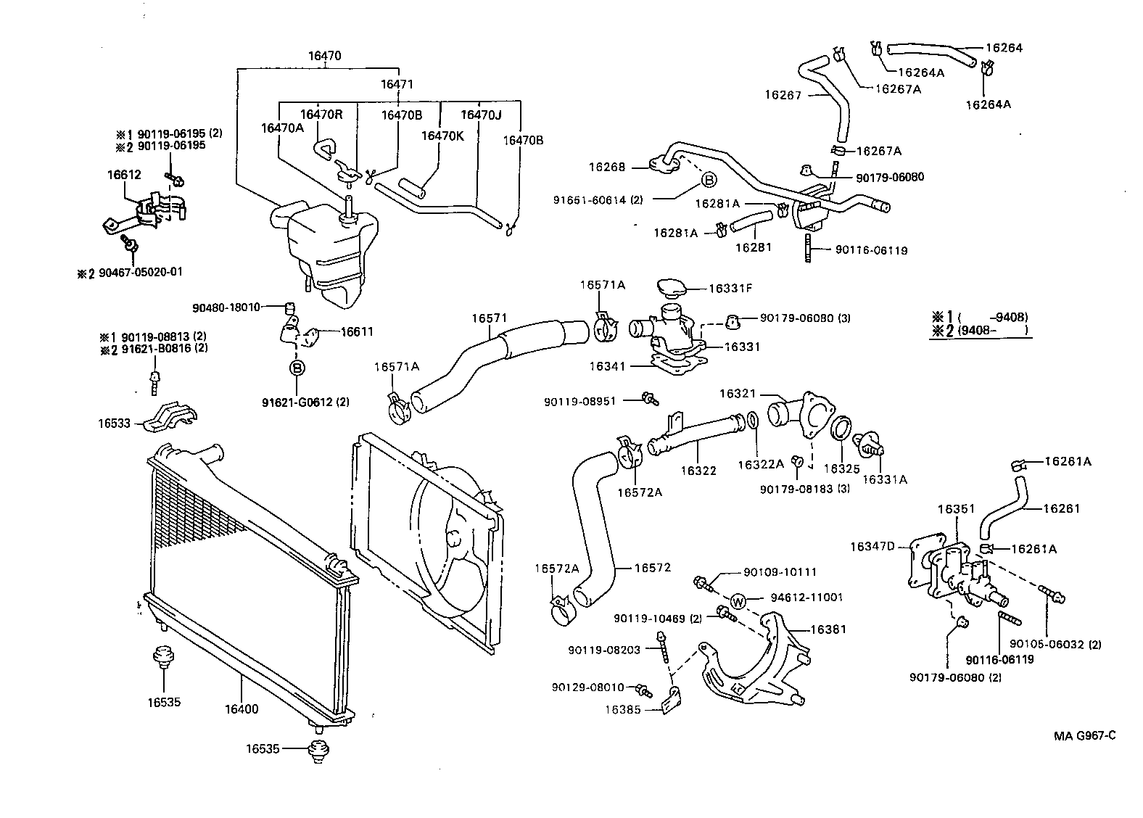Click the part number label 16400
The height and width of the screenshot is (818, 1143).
point(241,709)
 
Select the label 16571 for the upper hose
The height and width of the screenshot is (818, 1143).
point(489,318)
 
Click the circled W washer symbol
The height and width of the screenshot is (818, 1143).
point(738,600)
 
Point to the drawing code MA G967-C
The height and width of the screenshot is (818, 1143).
point(1085,735)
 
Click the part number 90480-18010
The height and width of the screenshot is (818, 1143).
point(226,307)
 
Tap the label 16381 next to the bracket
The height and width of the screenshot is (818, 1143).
point(828,629)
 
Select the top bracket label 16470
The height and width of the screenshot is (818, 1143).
point(324,56)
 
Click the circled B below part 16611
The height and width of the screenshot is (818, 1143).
point(297,368)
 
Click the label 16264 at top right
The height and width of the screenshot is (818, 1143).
point(1004,48)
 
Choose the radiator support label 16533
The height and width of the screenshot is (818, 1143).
point(115,423)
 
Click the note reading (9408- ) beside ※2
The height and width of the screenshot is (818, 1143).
point(993,331)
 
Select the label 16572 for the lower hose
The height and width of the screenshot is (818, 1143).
point(652,568)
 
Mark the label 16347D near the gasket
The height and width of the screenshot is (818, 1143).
point(873,545)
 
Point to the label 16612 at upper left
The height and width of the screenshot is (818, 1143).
point(124,175)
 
